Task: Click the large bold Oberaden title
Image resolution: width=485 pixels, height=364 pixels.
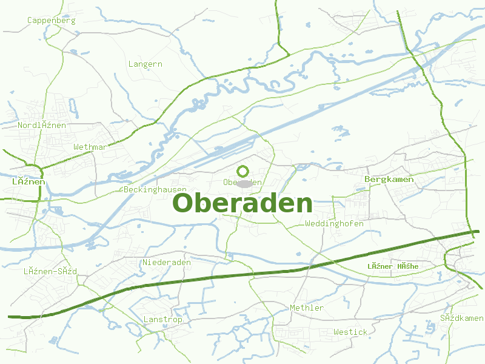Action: tap(243, 203)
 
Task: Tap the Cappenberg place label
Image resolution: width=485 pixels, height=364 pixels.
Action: tap(52, 20)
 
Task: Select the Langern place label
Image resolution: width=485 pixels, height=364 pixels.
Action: tap(145, 64)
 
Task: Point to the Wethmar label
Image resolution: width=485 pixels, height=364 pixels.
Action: tap(90, 147)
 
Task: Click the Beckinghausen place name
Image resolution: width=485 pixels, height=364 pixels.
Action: tap(155, 189)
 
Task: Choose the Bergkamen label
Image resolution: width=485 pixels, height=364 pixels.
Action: tap(389, 179)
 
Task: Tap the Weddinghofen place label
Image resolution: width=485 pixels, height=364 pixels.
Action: tap(335, 223)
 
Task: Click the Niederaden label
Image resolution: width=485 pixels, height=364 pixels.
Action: tap(167, 262)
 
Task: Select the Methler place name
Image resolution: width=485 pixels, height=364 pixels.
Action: tap(307, 308)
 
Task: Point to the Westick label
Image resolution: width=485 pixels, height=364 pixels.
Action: tap(350, 332)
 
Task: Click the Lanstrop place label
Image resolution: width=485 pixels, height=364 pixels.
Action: tap(162, 319)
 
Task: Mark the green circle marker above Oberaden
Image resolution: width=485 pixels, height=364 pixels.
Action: tap(243, 171)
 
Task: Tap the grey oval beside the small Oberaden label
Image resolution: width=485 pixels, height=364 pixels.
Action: tap(244, 183)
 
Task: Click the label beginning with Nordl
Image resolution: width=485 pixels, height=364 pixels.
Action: tap(42, 125)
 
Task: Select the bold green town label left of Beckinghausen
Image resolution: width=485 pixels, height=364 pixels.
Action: tap(28, 181)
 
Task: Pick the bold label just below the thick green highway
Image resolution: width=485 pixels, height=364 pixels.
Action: tap(393, 266)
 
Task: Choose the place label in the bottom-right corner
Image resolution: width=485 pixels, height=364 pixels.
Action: tap(462, 318)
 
